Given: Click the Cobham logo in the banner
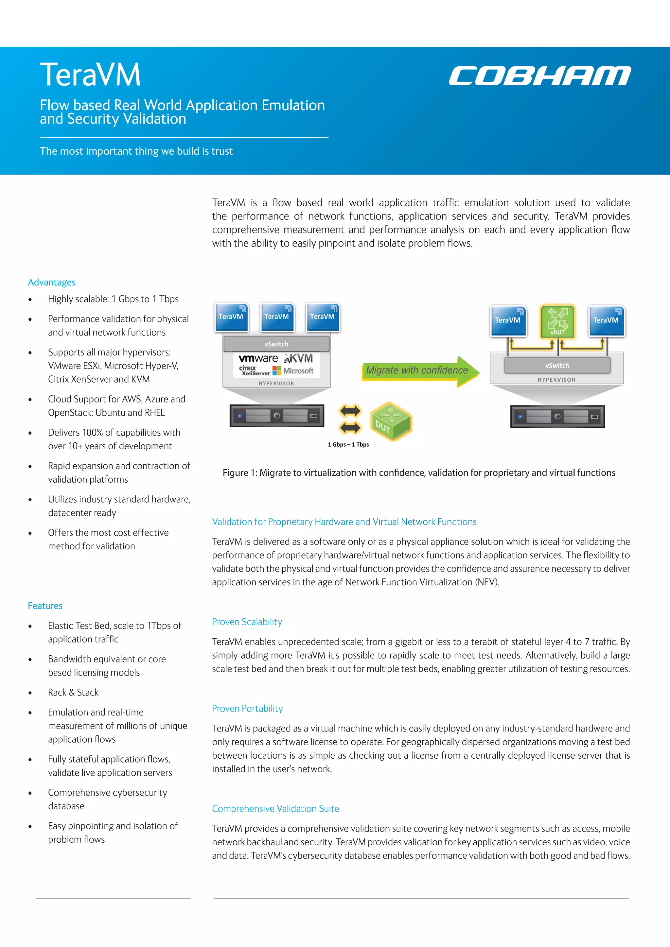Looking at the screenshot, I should (539, 76).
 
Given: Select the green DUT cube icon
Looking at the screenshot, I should (390, 422).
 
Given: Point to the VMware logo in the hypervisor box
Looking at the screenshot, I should (258, 358).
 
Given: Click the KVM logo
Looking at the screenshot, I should (299, 358).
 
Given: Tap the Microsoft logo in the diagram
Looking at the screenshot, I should (293, 371).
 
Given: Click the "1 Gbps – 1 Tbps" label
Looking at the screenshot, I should (348, 445).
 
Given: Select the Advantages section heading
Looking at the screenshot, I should (52, 282).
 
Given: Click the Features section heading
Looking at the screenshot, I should (45, 606).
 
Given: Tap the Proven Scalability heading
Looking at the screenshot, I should (247, 622).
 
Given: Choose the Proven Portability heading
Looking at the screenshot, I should (247, 708).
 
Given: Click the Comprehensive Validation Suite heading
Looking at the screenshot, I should (275, 808).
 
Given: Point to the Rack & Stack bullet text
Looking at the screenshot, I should (73, 692).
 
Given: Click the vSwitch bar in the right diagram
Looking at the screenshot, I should (557, 366).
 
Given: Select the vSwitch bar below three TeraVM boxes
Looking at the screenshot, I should (276, 344).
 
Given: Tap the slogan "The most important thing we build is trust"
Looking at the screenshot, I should (136, 151).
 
